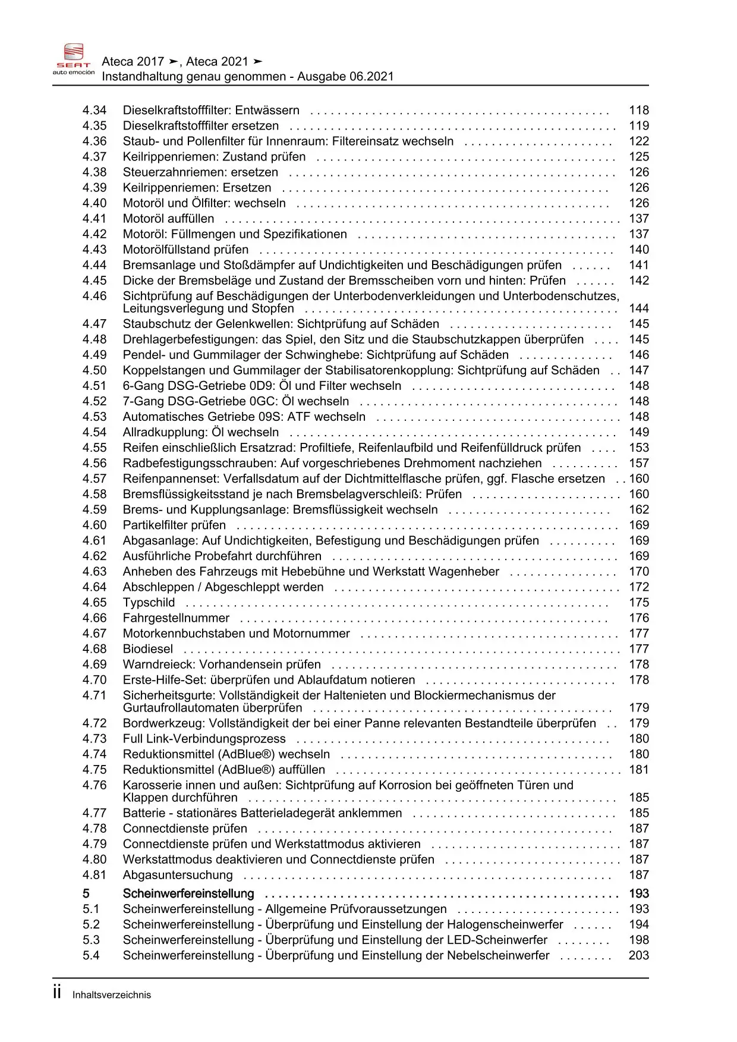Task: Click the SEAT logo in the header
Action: pyautogui.click(x=74, y=59)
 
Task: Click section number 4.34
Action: pyautogui.click(x=95, y=111)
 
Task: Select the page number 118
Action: pyautogui.click(x=639, y=111)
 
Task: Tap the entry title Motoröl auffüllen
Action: pyautogui.click(x=168, y=219)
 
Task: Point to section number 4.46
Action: pyautogui.click(x=95, y=296)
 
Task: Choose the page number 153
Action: pyautogui.click(x=639, y=448)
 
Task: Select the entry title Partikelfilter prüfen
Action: pyautogui.click(x=174, y=525)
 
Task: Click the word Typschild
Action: pyautogui.click(x=149, y=603)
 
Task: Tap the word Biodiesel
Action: pyautogui.click(x=148, y=649)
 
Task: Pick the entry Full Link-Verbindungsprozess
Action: pyautogui.click(x=204, y=739)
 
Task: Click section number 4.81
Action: pyautogui.click(x=95, y=875)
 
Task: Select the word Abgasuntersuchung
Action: pyautogui.click(x=178, y=875)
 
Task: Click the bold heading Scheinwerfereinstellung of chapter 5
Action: pyautogui.click(x=188, y=894)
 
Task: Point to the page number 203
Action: pyautogui.click(x=639, y=956)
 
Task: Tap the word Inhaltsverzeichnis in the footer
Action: pyautogui.click(x=112, y=995)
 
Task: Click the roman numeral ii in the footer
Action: pyautogui.click(x=57, y=993)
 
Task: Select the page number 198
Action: pyautogui.click(x=639, y=940)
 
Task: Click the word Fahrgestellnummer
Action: pyautogui.click(x=176, y=618)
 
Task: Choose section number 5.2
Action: pyautogui.click(x=92, y=925)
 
